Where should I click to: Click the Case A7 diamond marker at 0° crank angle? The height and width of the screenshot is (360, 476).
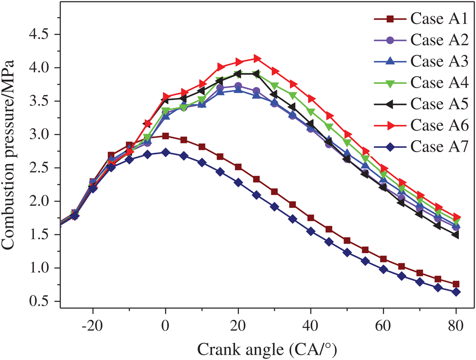click(x=165, y=153)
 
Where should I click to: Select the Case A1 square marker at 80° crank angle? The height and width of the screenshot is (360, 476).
click(x=456, y=284)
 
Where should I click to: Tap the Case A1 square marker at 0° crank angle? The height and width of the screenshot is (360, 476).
click(x=165, y=136)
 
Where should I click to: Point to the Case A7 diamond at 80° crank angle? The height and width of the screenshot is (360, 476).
click(x=456, y=292)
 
